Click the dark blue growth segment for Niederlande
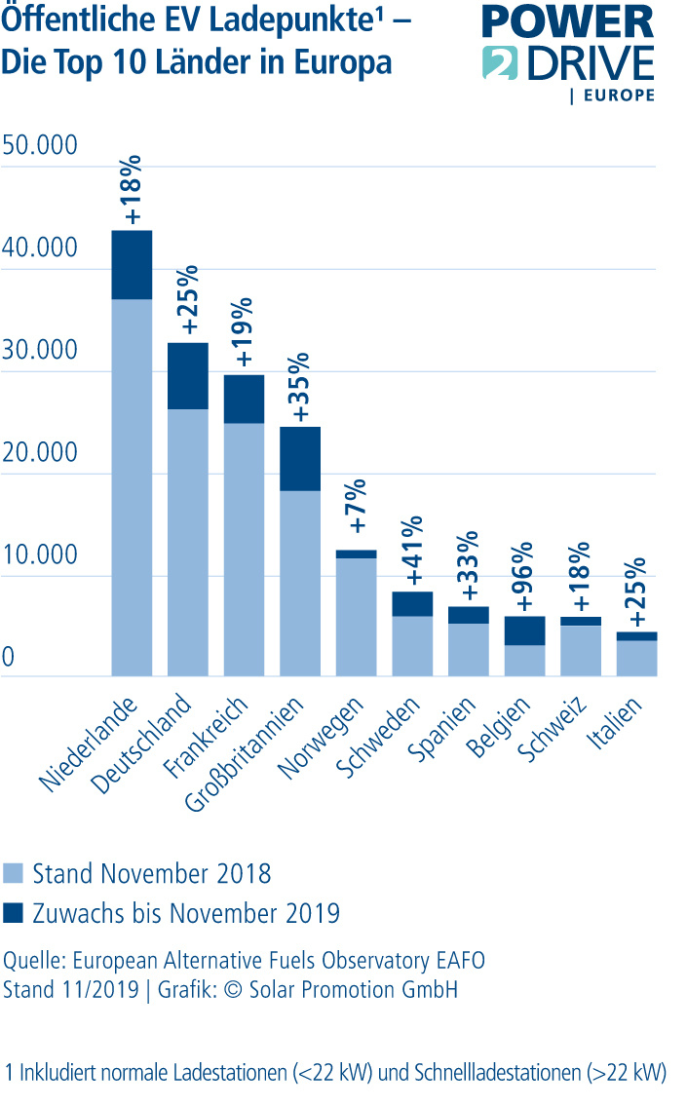point(132,264)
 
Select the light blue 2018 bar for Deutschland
point(188,541)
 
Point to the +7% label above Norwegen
point(357,505)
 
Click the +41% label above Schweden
point(413,552)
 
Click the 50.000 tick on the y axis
point(40,146)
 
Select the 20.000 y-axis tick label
point(40,453)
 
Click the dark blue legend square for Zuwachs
point(13,913)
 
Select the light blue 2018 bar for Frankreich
point(244,549)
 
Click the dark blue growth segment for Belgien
point(525,630)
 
